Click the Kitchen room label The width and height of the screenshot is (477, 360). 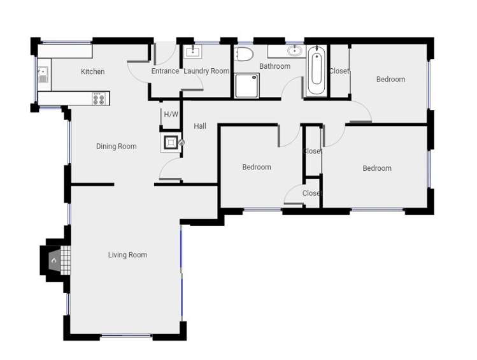pos(93,71)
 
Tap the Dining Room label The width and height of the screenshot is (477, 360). pos(116,147)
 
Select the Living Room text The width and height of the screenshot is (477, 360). pos(127,255)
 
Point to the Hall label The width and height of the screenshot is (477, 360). pos(200,126)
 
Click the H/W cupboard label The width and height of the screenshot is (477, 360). pos(171,115)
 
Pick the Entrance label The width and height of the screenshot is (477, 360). pos(165,71)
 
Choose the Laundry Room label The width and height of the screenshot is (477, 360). pos(206,71)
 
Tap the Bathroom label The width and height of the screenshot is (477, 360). pos(274,66)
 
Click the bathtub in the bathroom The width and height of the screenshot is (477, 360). pos(317,71)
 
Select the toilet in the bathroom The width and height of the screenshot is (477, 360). pos(245,54)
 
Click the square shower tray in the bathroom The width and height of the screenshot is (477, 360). pos(246,85)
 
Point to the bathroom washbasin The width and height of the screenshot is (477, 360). pos(294,50)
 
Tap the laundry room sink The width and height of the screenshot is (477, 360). pos(192,52)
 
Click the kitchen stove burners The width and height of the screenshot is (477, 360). pos(99,99)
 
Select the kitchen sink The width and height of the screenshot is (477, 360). pos(43,75)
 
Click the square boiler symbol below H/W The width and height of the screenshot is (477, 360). pos(171,142)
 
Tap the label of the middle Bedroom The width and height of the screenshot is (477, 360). pos(257,167)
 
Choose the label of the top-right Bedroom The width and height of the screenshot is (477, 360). pos(390,80)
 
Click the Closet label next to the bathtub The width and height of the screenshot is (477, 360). pos(339,71)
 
